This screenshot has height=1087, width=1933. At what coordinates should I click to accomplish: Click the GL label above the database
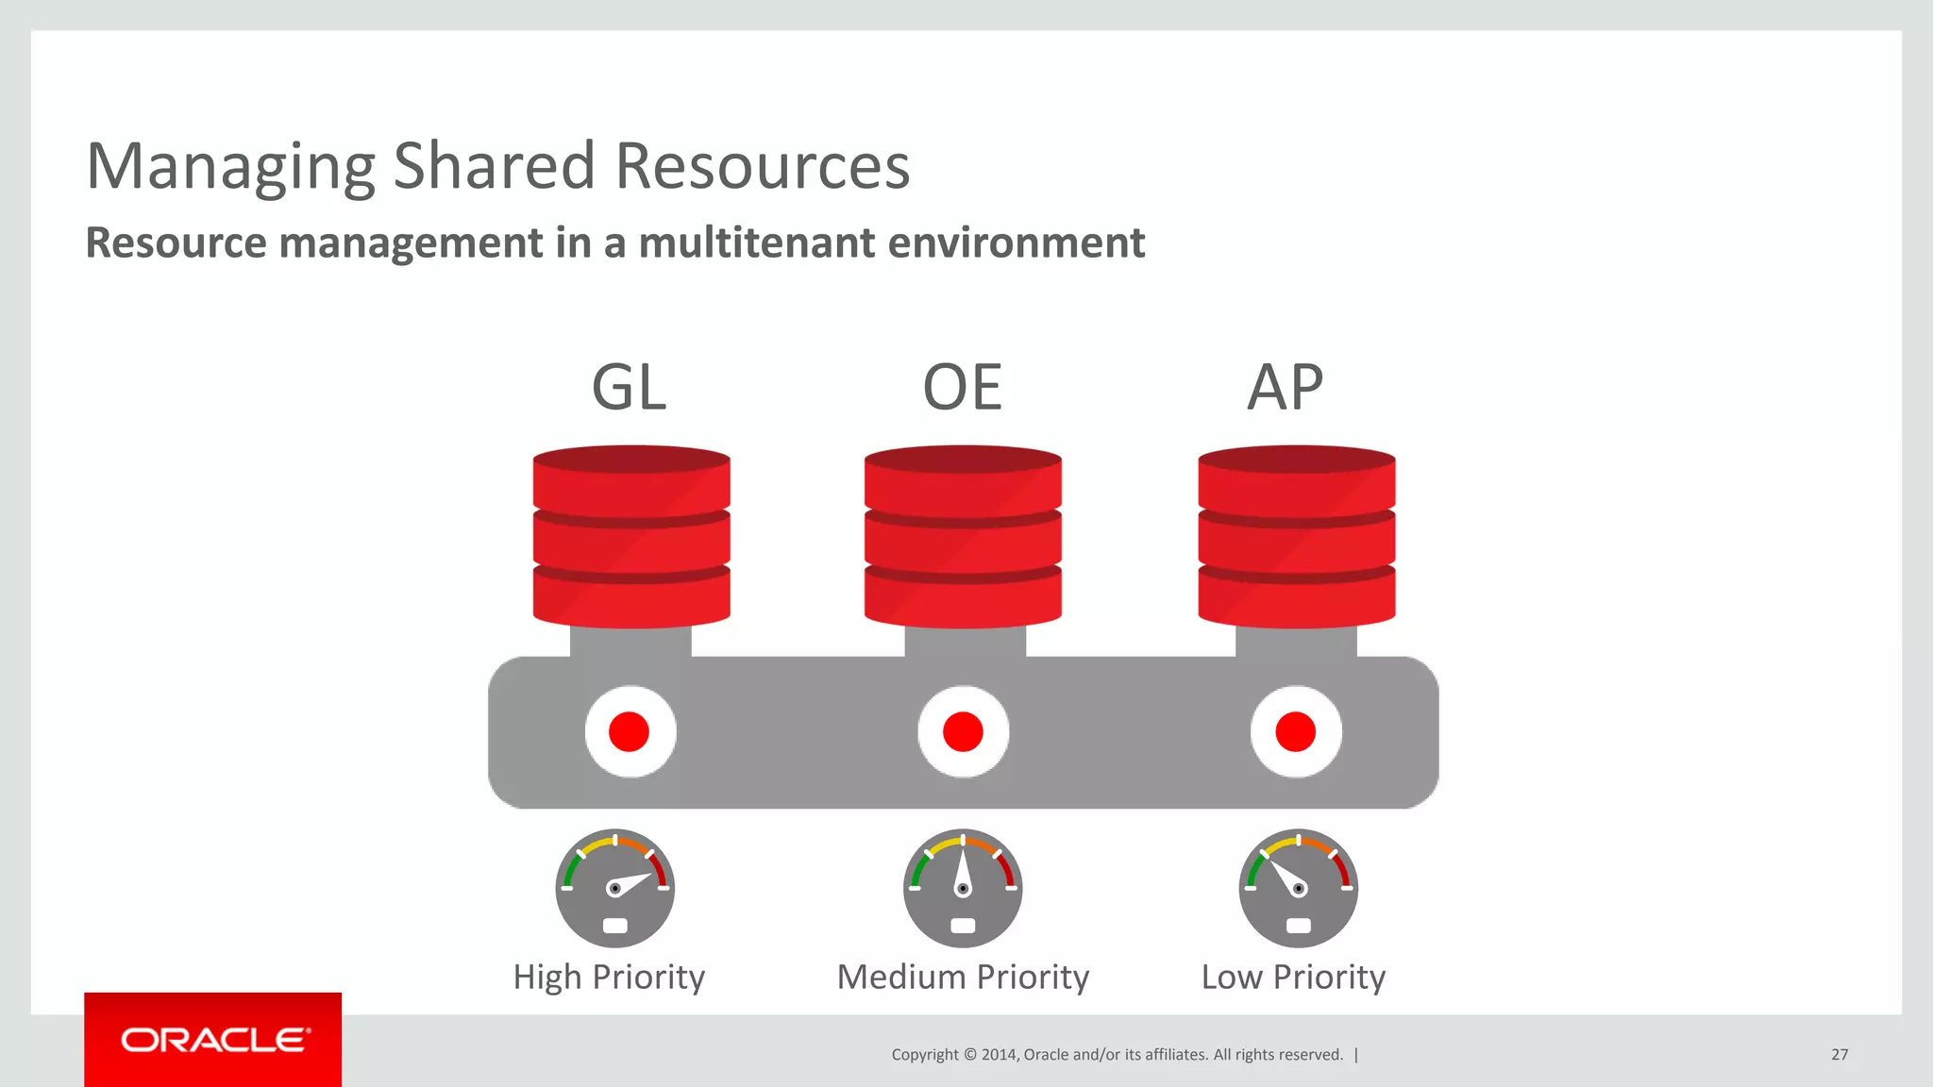(629, 387)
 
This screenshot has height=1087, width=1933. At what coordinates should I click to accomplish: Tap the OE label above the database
(962, 387)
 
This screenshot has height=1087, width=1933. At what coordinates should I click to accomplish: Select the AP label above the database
(1285, 387)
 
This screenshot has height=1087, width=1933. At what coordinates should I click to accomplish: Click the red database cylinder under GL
(631, 536)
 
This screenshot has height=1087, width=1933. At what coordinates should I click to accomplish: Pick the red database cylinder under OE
(963, 536)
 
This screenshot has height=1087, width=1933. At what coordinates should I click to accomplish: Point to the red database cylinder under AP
(1297, 536)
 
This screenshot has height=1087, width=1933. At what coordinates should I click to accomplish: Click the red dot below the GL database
(630, 732)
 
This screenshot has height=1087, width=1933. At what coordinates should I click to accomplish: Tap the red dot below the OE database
(963, 732)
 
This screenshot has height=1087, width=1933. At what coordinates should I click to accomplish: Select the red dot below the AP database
(1296, 732)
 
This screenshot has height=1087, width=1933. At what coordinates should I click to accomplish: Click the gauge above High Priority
(615, 888)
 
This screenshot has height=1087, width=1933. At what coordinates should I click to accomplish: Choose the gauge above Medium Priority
(963, 888)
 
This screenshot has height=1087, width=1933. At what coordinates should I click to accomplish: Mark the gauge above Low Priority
(1299, 888)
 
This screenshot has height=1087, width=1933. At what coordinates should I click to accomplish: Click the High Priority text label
(609, 978)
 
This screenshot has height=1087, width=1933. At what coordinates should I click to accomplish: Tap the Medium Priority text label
(963, 978)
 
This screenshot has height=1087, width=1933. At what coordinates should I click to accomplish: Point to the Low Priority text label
(1293, 978)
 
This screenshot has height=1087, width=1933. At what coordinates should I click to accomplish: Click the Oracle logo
(213, 1040)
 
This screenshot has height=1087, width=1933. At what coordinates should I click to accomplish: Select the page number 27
(1840, 1055)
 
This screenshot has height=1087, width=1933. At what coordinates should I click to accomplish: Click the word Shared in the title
(495, 166)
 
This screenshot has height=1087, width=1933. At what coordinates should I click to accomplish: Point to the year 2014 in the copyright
(999, 1055)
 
